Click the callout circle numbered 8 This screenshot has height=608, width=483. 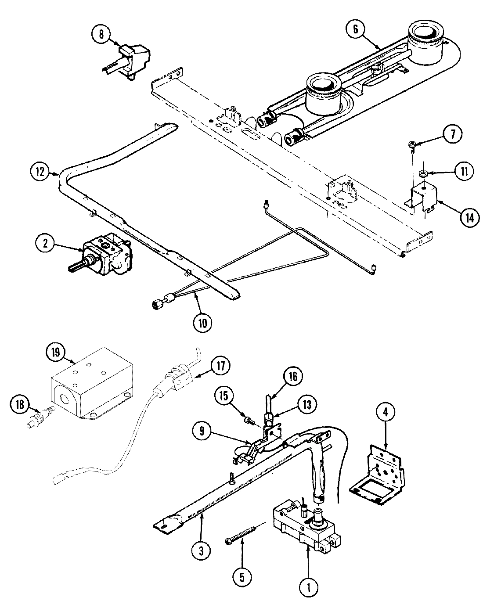pyautogui.click(x=101, y=34)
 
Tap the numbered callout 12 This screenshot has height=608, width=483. pyautogui.click(x=40, y=172)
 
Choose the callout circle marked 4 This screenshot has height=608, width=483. pyautogui.click(x=386, y=413)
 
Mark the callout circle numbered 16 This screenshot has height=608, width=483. pyautogui.click(x=293, y=377)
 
